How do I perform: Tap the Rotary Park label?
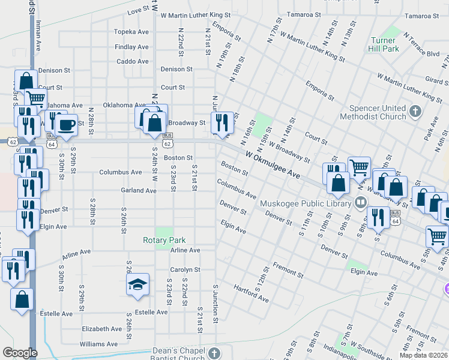click(164, 240)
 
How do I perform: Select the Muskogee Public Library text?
click(306, 203)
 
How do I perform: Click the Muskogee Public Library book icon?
click(360, 202)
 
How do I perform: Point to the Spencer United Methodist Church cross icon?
click(415, 110)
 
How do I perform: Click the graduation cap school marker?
click(137, 284)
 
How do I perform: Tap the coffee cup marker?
click(66, 124)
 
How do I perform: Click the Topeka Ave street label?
click(131, 32)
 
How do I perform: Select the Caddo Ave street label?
click(133, 61)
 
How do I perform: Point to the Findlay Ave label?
click(132, 47)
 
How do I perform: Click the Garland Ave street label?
click(138, 190)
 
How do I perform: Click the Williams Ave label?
click(99, 344)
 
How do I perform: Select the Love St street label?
click(138, 10)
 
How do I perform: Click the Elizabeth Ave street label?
click(102, 329)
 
